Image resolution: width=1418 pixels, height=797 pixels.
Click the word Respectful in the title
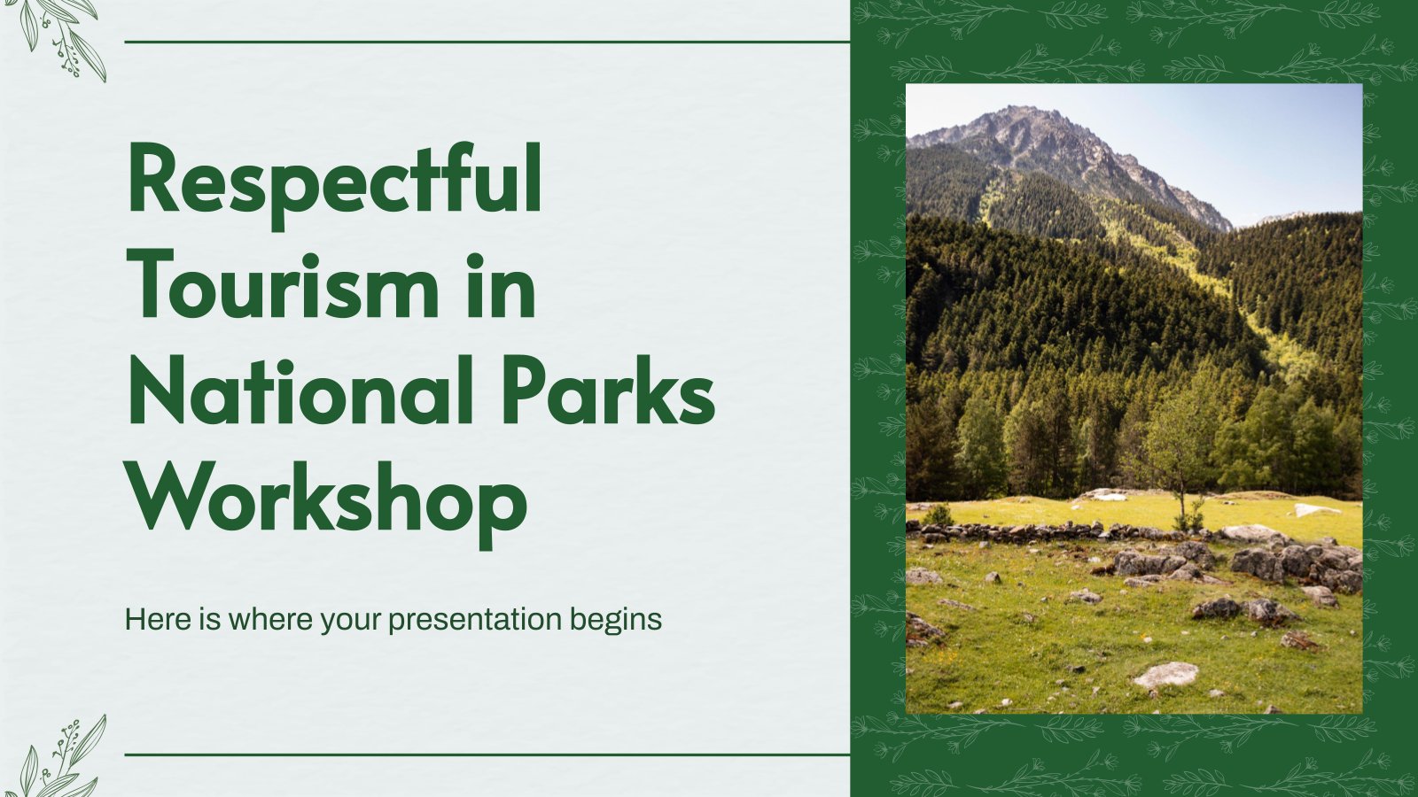pyautogui.click(x=335, y=185)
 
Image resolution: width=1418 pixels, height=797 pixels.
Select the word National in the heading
pyautogui.click(x=301, y=391)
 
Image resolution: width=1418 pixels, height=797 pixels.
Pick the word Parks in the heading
pyautogui.click(x=609, y=391)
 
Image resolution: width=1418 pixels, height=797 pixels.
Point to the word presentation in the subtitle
pyautogui.click(x=475, y=621)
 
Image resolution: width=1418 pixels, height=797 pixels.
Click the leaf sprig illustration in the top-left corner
pyautogui.click(x=60, y=38)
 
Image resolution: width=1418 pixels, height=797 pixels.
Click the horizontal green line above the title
pyautogui.click(x=487, y=42)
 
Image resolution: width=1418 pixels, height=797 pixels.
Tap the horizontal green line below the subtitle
pyautogui.click(x=487, y=754)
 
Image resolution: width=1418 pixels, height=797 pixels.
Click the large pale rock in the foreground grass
pyautogui.click(x=1165, y=675)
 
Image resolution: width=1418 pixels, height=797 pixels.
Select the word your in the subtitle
pyautogui.click(x=351, y=623)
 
